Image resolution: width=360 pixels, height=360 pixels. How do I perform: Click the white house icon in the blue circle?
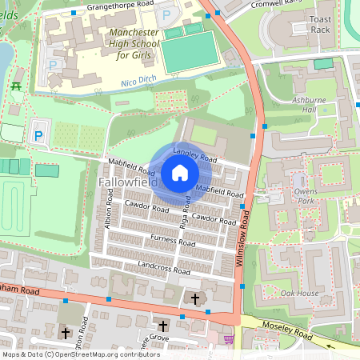[180, 173]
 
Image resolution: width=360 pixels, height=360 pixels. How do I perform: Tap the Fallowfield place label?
[127, 183]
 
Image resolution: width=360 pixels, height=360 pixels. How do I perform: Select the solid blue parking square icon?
[38, 136]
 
